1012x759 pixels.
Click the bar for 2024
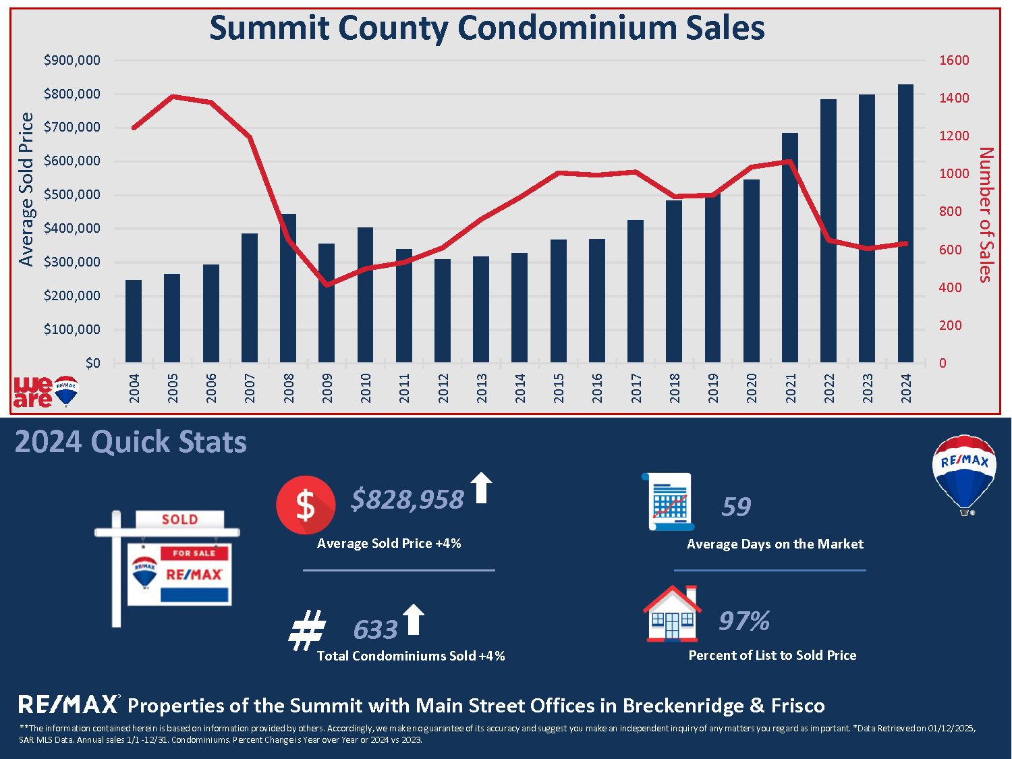[x=905, y=223]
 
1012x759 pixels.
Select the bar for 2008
[x=288, y=289]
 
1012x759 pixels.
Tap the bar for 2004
[x=134, y=322]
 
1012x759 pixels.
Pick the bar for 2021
[x=790, y=248]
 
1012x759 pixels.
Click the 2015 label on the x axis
[x=559, y=389]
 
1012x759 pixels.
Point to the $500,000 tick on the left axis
[x=72, y=194]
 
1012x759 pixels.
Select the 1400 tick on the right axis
[x=955, y=98]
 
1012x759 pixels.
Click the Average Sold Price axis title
[x=26, y=190]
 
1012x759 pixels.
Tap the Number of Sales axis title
[x=985, y=215]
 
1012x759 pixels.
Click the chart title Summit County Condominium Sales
[x=487, y=28]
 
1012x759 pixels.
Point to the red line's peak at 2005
[x=173, y=96]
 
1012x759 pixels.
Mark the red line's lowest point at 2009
[x=327, y=285]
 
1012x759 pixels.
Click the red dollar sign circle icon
[x=306, y=505]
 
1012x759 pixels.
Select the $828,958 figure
[x=407, y=500]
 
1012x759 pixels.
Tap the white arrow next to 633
[x=414, y=619]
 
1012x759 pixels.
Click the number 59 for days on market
[x=736, y=507]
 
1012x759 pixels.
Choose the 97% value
[x=744, y=621]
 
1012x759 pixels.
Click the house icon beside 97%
[x=673, y=613]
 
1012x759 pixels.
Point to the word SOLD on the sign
[x=180, y=519]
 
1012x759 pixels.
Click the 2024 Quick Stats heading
[x=131, y=442]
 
